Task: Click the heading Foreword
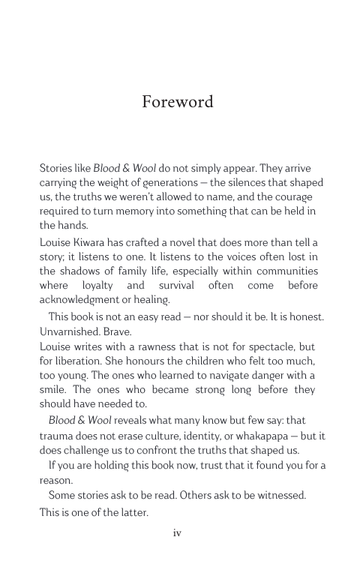point(178,102)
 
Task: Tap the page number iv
point(178,533)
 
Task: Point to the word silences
point(227,182)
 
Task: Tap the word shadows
point(83,271)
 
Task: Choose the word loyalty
point(94,285)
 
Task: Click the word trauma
point(58,436)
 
